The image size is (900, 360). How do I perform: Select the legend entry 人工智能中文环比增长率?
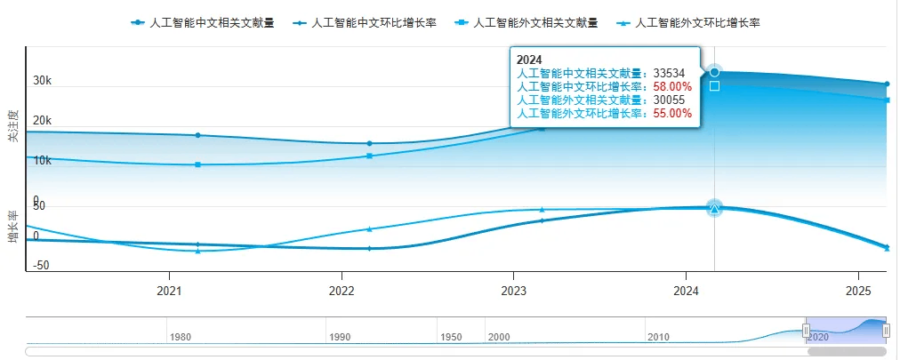[366, 21]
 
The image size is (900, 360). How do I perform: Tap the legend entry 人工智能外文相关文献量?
[527, 21]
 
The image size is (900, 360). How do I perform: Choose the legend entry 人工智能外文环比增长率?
[690, 21]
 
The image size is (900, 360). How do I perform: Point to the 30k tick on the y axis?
[43, 81]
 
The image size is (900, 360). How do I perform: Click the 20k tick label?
[43, 121]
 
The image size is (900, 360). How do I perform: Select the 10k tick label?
[43, 161]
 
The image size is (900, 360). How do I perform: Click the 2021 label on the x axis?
[169, 291]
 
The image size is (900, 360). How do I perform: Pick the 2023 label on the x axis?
[513, 291]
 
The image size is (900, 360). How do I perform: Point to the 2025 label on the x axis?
[858, 291]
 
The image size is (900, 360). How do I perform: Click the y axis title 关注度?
[12, 126]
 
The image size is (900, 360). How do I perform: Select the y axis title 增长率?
[12, 228]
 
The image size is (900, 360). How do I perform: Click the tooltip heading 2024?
[529, 60]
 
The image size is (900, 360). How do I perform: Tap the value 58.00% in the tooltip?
[672, 87]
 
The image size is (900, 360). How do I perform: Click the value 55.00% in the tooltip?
[672, 114]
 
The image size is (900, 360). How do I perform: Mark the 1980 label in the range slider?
[181, 338]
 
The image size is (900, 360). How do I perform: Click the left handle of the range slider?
[806, 331]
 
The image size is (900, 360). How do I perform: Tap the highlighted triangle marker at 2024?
[714, 208]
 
